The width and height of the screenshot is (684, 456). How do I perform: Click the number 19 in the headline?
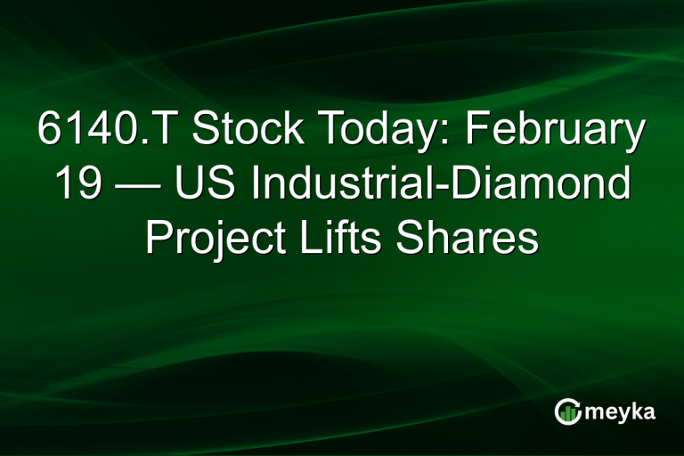pyautogui.click(x=76, y=184)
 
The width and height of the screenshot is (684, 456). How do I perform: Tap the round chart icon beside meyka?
pyautogui.click(x=567, y=411)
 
